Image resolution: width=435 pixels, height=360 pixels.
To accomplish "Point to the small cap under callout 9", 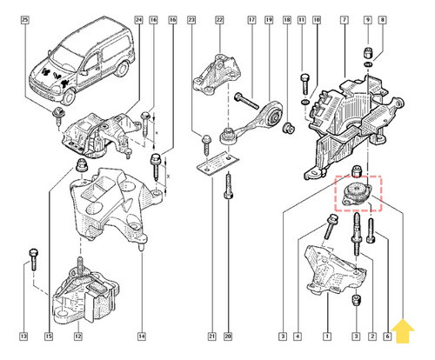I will tap(368, 48).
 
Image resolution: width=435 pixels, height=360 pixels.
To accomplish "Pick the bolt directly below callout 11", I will tap(304, 84).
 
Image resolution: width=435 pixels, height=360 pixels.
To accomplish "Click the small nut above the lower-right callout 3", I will tap(356, 301).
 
